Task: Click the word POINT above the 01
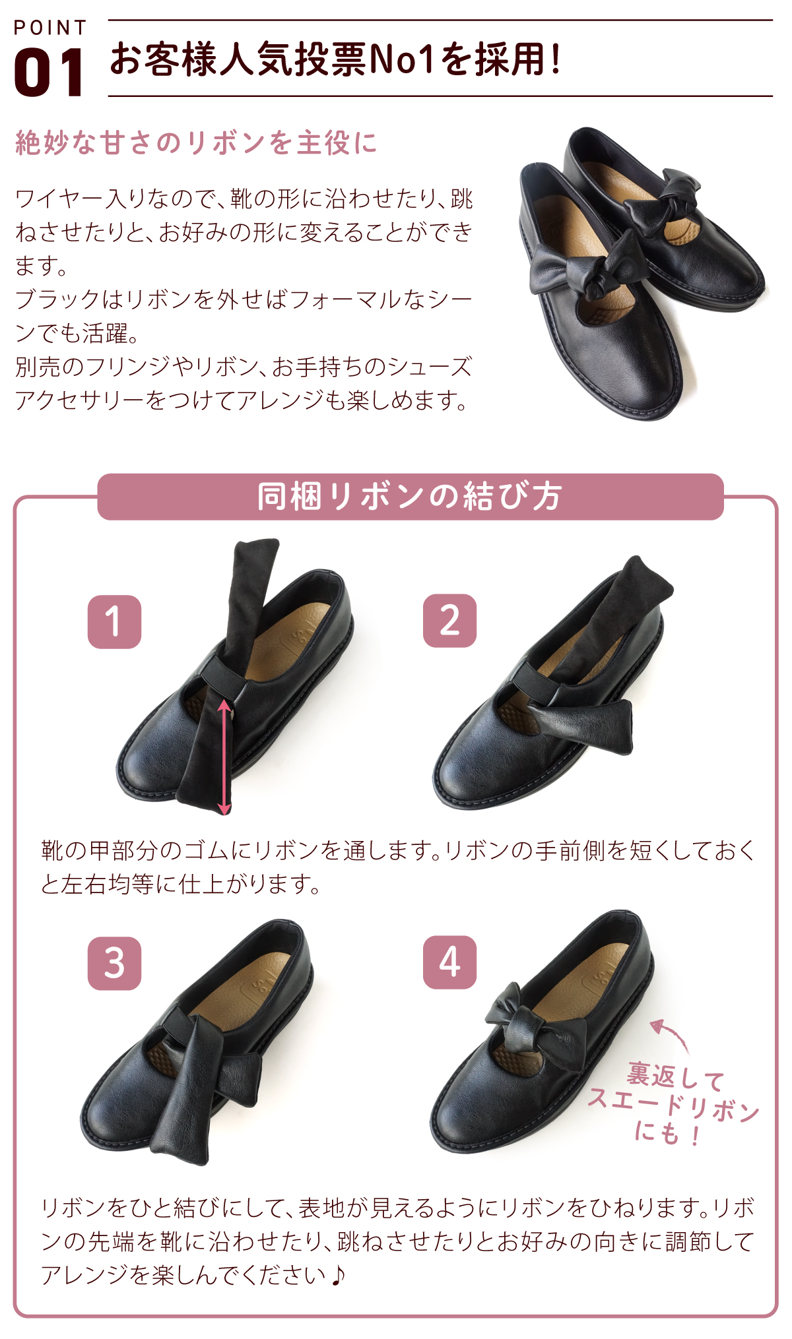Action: pos(50,28)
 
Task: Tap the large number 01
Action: pos(49,73)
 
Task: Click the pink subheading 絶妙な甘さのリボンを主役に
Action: pos(196,142)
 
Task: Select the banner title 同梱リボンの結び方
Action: pos(410,497)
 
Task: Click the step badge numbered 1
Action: pos(114,622)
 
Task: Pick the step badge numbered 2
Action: pos(449,621)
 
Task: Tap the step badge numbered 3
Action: pos(114,963)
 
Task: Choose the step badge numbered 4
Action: pos(449,962)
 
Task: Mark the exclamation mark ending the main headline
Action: pos(556,59)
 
